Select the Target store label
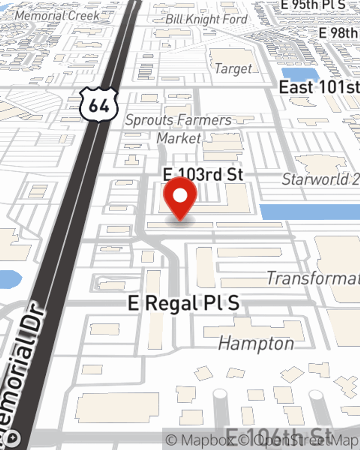[234, 68]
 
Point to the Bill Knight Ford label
[206, 19]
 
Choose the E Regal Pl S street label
[184, 303]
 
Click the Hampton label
[256, 343]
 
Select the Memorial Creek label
[57, 15]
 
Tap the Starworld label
[320, 179]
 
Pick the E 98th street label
[338, 33]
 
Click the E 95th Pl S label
[313, 5]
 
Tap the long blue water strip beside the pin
[310, 212]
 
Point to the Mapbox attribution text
[201, 440]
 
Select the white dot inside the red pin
[180, 196]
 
